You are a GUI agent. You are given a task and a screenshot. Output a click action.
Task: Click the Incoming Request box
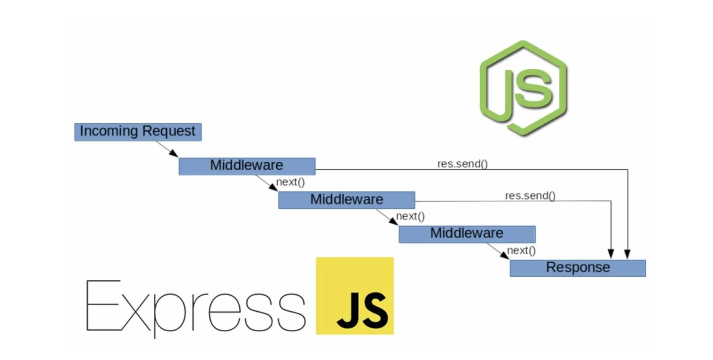point(138,132)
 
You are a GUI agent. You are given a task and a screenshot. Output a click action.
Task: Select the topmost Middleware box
point(247,166)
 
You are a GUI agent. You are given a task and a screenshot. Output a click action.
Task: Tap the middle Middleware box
point(346,200)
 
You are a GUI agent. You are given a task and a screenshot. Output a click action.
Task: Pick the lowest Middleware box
point(467,234)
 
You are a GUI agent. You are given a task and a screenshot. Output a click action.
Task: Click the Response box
point(577,268)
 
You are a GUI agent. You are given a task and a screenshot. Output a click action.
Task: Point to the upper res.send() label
point(462,163)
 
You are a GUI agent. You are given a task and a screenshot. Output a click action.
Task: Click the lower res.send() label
point(530,196)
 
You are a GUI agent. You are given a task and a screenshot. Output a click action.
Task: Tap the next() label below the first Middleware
point(290,182)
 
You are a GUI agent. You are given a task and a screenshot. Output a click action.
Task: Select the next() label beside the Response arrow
point(521,250)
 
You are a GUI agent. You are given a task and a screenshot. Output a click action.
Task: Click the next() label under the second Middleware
point(410,216)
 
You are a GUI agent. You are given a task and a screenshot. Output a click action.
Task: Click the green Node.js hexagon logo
point(523,88)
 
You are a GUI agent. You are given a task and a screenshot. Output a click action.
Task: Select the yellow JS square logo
point(355,296)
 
